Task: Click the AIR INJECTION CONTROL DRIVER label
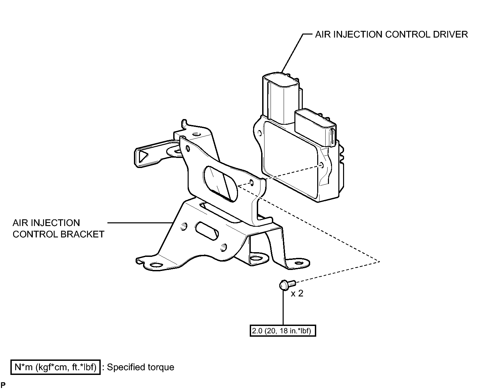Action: click(391, 35)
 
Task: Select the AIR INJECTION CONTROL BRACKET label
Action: click(58, 228)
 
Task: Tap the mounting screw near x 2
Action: click(287, 284)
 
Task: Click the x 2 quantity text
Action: click(297, 293)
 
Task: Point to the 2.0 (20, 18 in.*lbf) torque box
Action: click(283, 331)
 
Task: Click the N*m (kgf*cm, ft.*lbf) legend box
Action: click(55, 367)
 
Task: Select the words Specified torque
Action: click(141, 367)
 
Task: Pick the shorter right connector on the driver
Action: click(315, 128)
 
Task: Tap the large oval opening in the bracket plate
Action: click(220, 184)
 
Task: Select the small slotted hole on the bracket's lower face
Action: click(207, 231)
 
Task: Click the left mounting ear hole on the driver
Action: click(260, 133)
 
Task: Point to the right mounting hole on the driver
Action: click(322, 165)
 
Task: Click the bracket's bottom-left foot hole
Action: click(156, 265)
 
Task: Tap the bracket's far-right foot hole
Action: click(299, 263)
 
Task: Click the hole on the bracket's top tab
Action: click(197, 134)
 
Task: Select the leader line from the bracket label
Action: click(140, 223)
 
